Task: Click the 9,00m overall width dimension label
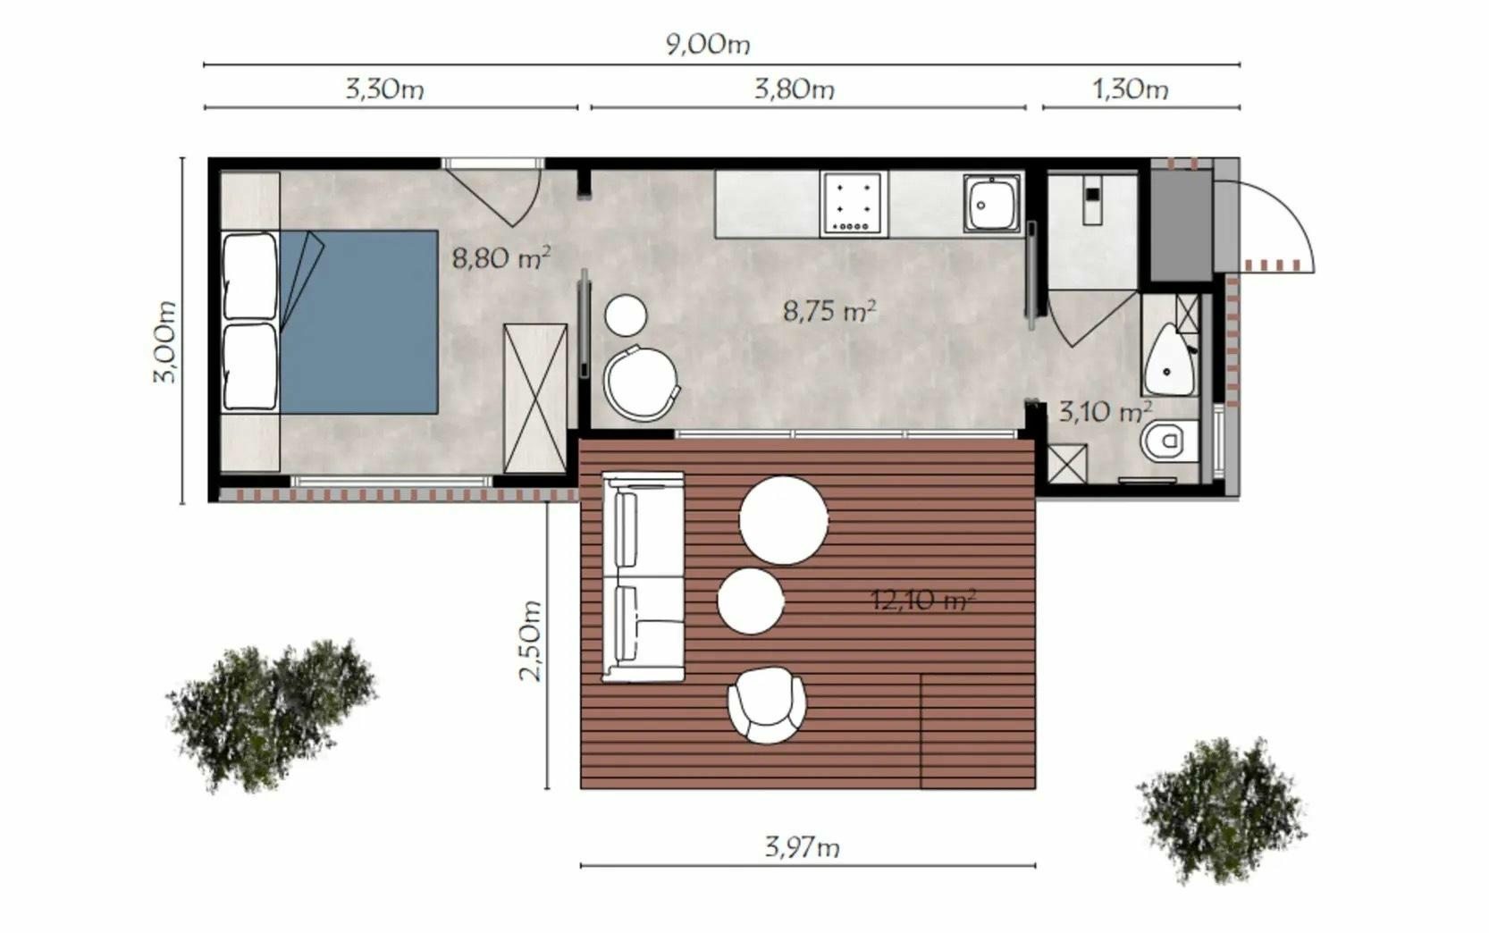708,45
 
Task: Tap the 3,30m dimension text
384,88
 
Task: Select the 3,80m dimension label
795,88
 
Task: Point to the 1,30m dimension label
1131,88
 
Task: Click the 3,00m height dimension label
164,341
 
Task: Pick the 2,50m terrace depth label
531,641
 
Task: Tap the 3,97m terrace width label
802,847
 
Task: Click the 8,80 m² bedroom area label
501,257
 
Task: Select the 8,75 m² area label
829,310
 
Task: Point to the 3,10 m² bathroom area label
1105,411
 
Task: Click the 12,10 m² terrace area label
923,600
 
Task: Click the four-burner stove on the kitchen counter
854,204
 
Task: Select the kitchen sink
992,204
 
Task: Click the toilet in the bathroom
1169,441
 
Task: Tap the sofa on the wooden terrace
643,576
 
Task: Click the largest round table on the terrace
784,520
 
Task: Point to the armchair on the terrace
767,705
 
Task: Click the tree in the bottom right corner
1222,810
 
